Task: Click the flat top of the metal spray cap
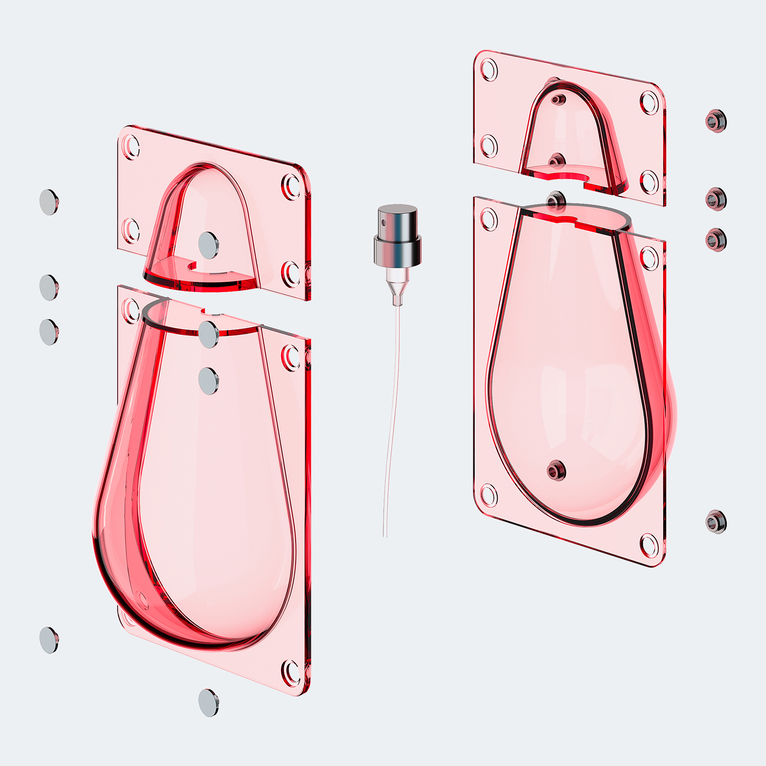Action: (x=397, y=209)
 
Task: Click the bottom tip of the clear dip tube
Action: (x=385, y=535)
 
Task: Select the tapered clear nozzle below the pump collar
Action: (x=398, y=287)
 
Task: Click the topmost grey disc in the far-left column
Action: (x=49, y=202)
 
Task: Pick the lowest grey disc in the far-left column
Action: (x=49, y=640)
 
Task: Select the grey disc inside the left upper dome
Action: (x=208, y=245)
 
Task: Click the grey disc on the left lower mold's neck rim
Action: (x=208, y=334)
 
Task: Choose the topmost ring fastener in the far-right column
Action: (x=716, y=120)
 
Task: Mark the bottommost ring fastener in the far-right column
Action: (x=716, y=521)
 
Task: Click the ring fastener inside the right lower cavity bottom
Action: (x=556, y=470)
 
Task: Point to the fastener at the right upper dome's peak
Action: (x=559, y=98)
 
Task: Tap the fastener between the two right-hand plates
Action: (x=556, y=201)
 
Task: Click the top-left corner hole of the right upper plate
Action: (x=489, y=70)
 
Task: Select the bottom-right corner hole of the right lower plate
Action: (x=649, y=545)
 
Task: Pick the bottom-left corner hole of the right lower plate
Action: (x=489, y=496)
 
